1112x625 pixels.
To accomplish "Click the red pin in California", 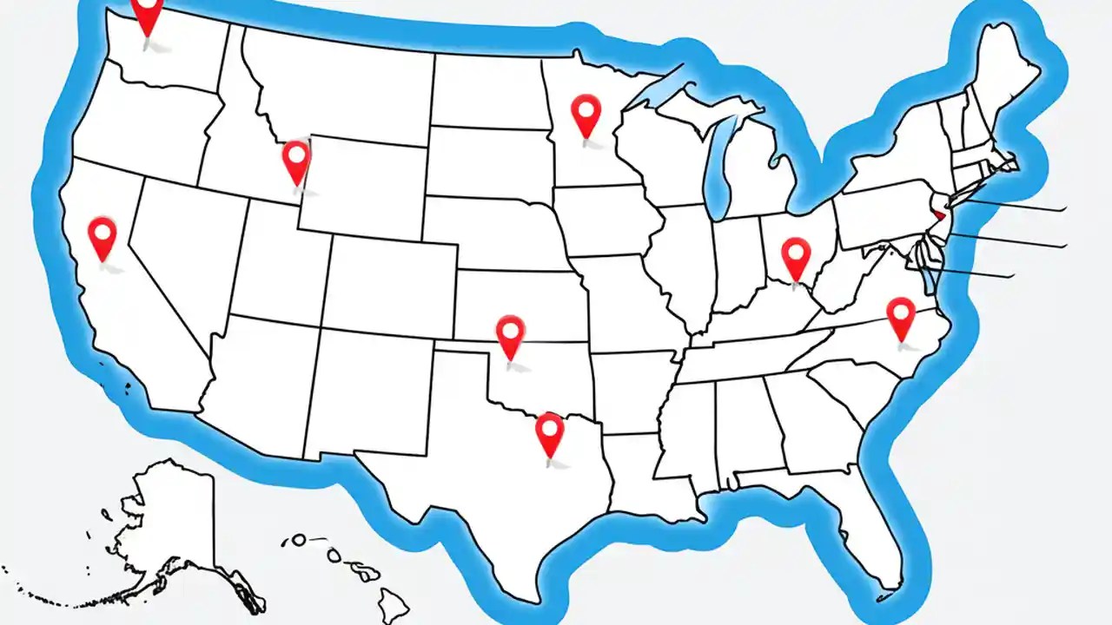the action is (x=103, y=235).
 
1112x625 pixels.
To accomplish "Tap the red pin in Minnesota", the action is (x=586, y=113).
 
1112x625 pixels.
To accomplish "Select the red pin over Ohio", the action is (x=796, y=255).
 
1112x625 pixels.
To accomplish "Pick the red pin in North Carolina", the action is (x=901, y=314).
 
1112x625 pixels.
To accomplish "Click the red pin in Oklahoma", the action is (x=510, y=333).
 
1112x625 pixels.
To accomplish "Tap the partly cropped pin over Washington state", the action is (x=148, y=13).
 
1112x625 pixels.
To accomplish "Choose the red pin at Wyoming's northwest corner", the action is (x=297, y=160).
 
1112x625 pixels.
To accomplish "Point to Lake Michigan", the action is (x=718, y=165).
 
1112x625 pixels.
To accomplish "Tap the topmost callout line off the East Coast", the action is (x=1016, y=206).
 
